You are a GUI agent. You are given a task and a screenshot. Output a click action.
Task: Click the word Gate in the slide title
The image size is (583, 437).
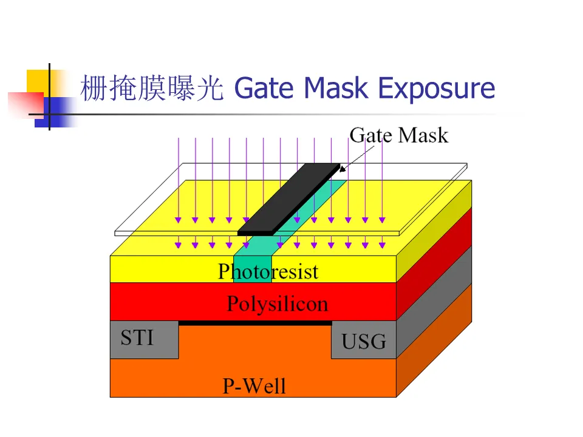click(x=265, y=89)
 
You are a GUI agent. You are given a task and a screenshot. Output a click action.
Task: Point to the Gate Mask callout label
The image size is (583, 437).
click(x=398, y=135)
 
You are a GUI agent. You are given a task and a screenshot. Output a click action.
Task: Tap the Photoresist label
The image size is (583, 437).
click(x=268, y=271)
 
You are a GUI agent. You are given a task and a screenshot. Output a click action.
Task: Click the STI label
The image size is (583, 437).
click(x=137, y=337)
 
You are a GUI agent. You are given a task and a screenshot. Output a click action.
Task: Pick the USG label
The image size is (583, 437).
click(x=363, y=342)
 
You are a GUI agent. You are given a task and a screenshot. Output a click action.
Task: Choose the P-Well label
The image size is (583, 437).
click(x=254, y=385)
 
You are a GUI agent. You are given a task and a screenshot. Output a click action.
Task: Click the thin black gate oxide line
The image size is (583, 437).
click(x=255, y=323)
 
